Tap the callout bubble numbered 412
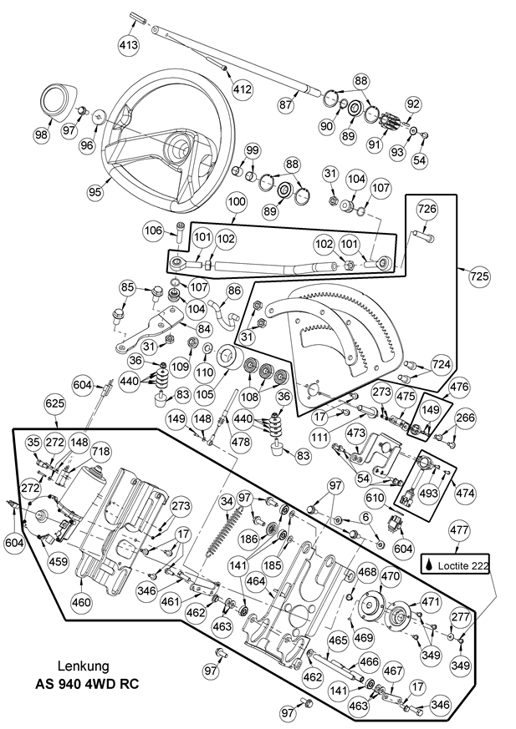(242, 89)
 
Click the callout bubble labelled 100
(237, 203)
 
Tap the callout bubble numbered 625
(54, 403)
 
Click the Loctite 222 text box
(457, 564)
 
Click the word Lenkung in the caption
(84, 666)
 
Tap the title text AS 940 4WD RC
(87, 683)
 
